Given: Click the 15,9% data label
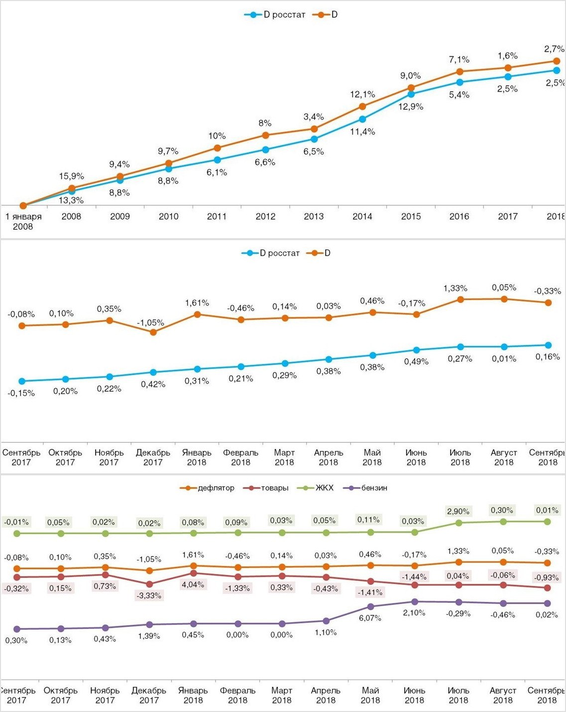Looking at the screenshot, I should (72, 176).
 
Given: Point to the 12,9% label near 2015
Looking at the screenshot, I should (411, 107).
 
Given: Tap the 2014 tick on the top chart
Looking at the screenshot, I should (362, 216).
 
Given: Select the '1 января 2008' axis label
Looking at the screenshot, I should (23, 222).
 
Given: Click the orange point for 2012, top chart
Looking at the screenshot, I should (266, 135).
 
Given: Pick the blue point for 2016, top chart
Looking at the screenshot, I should (459, 82).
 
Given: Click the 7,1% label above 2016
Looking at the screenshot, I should (459, 60).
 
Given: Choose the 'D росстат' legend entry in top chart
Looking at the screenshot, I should (275, 15).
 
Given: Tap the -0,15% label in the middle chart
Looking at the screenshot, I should (21, 393).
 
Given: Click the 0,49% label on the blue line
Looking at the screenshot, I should (416, 362).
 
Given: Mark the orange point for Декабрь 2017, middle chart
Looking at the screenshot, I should (153, 332).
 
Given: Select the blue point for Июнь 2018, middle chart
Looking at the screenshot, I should (416, 350).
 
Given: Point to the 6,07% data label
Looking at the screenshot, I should (370, 618).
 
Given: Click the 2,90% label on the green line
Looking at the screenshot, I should (458, 512).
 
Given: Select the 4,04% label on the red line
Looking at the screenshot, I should (193, 584).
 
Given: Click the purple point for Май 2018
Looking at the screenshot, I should (370, 606).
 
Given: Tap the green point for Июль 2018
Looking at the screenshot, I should (458, 523).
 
